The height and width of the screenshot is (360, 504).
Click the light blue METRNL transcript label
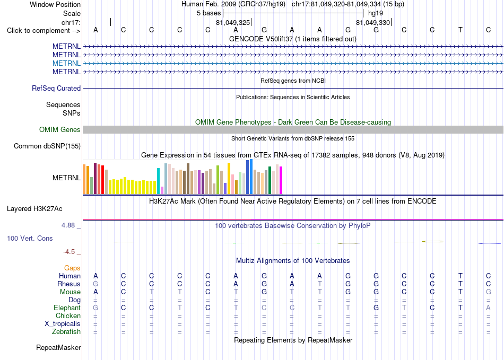pos(66,63)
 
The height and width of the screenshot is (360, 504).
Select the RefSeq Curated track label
pos(56,89)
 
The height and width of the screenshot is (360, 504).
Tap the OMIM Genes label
pos(60,130)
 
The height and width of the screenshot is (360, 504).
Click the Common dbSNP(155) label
pos(47,146)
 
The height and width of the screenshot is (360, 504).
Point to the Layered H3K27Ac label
pos(34,209)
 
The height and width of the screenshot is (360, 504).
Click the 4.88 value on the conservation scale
pos(68,225)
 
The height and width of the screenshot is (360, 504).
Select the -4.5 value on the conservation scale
pos(69,252)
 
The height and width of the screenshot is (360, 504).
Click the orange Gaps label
pos(72,268)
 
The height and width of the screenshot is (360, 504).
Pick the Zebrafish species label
pos(66,332)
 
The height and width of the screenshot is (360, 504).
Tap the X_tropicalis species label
pos(63,324)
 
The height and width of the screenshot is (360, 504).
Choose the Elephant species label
pos(67,308)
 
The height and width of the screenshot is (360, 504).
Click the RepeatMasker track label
pos(58,348)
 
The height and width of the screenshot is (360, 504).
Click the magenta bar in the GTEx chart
pos(281,180)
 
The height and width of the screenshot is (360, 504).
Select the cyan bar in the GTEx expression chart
pos(158,181)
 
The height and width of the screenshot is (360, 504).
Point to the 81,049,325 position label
pos(233,22)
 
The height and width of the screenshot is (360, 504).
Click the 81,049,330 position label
pos(373,22)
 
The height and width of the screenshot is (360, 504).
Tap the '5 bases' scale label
pos(209,13)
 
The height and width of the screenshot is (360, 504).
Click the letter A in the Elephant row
pos(488,308)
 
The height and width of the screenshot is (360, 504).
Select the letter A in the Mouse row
pos(95,292)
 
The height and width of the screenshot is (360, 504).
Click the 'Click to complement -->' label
pos(44,31)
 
